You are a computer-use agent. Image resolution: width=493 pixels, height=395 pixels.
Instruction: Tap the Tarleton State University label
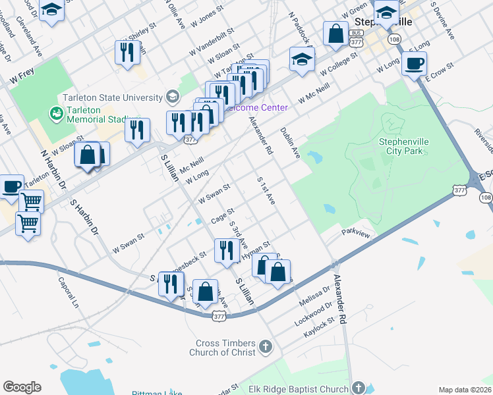(x=113, y=97)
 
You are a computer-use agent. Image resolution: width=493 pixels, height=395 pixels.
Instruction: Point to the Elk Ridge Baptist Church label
(x=298, y=389)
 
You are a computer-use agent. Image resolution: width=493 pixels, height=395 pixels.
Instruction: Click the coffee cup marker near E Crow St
(x=414, y=64)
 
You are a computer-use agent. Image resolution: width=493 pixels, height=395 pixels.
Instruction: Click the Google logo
(x=22, y=387)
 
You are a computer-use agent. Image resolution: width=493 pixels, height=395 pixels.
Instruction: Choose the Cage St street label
(x=222, y=215)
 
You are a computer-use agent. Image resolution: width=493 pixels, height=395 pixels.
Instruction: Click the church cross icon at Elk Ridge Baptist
(x=359, y=388)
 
